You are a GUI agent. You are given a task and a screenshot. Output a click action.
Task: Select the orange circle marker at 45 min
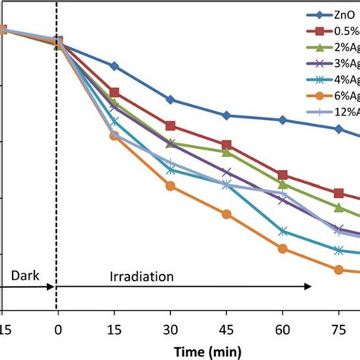[226, 214]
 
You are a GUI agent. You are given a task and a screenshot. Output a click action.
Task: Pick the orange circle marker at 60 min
[283, 248]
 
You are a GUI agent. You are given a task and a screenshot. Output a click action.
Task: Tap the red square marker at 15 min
[114, 92]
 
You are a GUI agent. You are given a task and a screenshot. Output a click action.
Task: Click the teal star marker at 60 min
[283, 231]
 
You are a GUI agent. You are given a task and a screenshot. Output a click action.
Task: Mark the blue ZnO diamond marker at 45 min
[226, 115]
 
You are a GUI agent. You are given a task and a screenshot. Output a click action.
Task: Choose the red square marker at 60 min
[283, 175]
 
